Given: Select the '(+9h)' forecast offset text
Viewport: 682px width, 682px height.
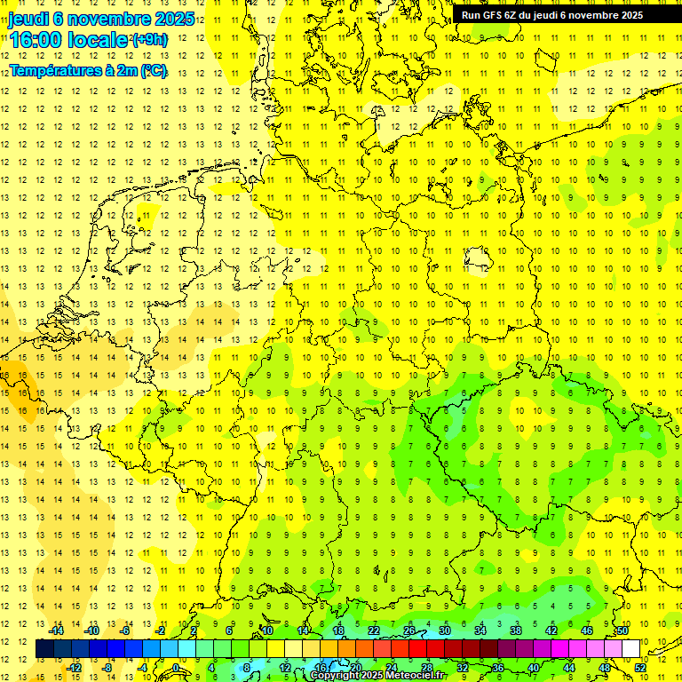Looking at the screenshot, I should [x=148, y=39].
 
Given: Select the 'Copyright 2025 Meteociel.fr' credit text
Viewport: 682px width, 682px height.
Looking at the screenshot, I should [x=389, y=676].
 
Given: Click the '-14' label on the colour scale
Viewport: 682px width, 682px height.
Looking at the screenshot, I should [x=59, y=630].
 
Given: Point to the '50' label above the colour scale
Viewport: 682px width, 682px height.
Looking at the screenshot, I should [x=623, y=630].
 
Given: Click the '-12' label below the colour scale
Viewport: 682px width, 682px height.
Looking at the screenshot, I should [x=75, y=667].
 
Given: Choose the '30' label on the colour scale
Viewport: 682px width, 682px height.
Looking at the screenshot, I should [x=444, y=630].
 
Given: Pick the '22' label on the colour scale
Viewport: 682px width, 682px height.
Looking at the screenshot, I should [x=373, y=630].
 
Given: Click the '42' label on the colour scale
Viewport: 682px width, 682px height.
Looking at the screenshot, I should [x=551, y=630].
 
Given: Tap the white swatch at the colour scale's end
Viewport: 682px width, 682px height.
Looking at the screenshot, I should [x=631, y=649].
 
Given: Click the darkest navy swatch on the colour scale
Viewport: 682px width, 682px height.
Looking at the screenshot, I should [x=44, y=649].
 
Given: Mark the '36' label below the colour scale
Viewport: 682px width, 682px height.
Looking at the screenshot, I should [x=498, y=667].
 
